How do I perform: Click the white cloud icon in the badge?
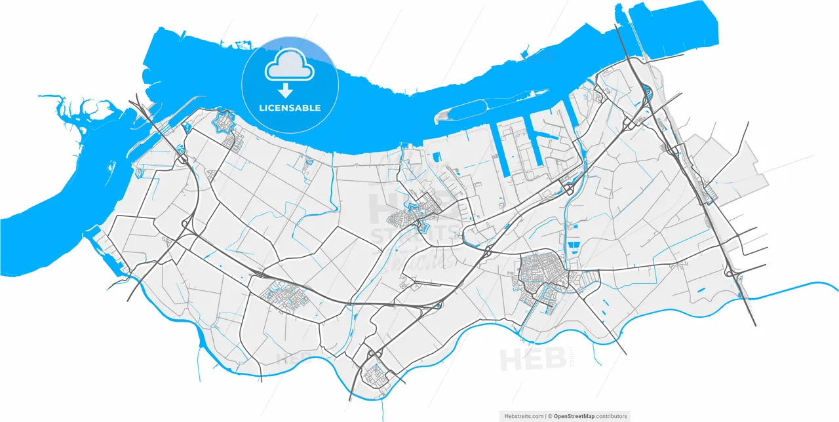(x=289, y=64)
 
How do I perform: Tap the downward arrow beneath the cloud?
(x=285, y=91)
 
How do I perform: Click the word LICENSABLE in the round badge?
(x=289, y=107)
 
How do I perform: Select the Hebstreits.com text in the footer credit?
(x=523, y=416)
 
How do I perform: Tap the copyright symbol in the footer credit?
(x=551, y=416)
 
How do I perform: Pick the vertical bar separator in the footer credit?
(x=546, y=416)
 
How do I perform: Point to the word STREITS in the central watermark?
(x=414, y=234)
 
